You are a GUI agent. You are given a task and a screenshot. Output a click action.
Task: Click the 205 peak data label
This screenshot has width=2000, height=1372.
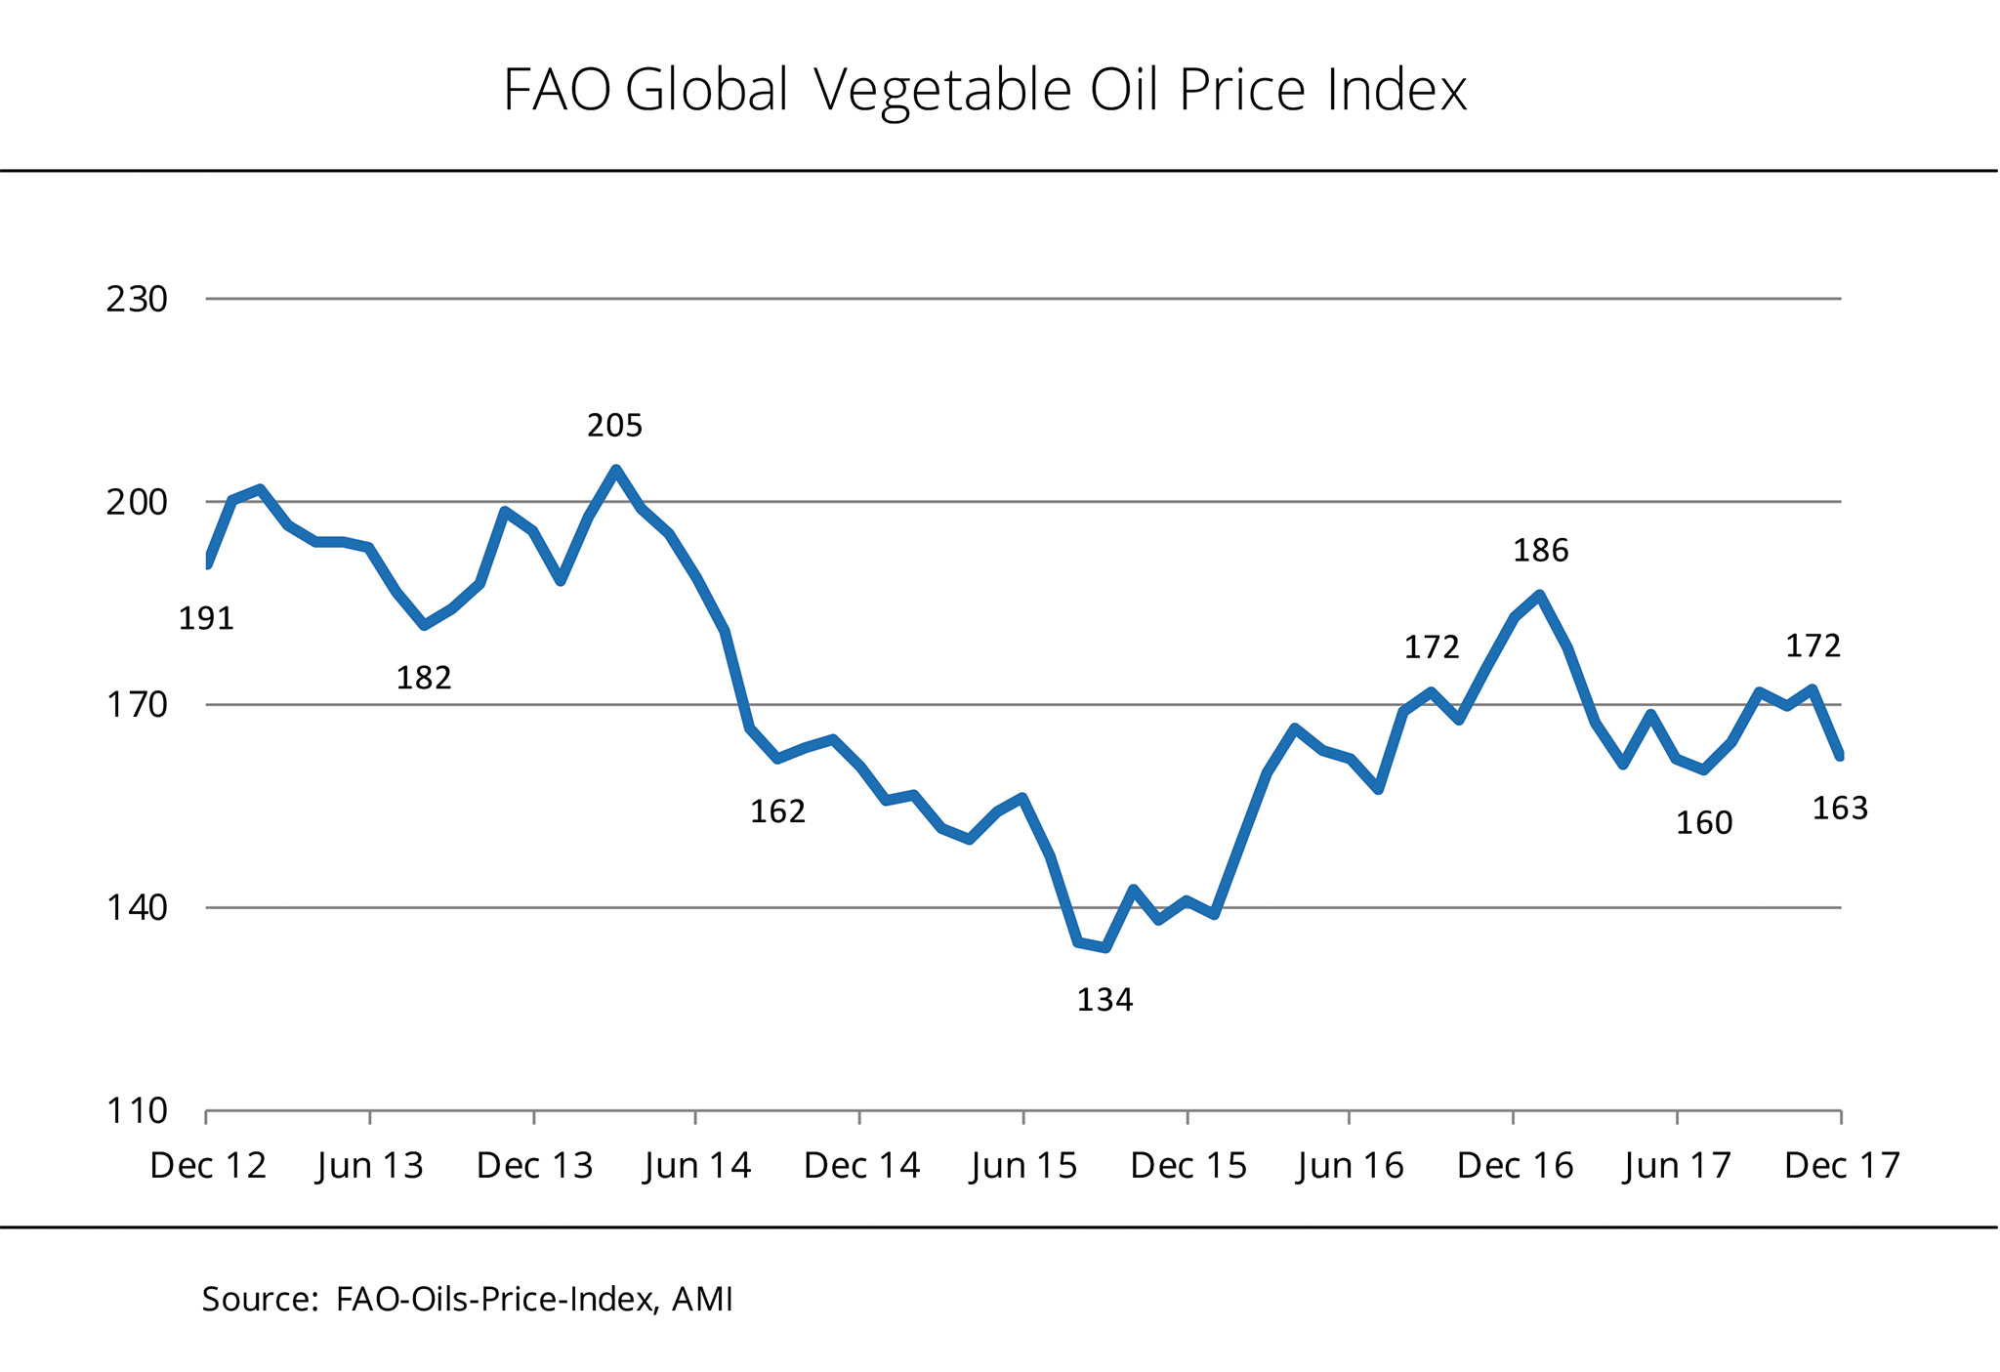click(614, 426)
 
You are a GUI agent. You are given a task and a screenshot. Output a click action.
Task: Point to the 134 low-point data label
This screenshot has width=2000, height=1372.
click(1104, 1000)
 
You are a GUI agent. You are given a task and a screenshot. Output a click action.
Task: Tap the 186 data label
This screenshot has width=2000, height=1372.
click(1540, 552)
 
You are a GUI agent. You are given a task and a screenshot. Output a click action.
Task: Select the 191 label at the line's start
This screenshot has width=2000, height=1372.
click(206, 619)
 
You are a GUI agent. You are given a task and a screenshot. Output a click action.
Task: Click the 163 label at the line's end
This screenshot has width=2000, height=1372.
click(1840, 809)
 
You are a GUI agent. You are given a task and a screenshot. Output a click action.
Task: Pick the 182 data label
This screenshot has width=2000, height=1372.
click(423, 678)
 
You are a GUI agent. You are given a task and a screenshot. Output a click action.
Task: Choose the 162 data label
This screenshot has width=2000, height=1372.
click(777, 811)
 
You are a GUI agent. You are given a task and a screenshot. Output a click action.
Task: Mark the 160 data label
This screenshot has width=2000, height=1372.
click(1704, 824)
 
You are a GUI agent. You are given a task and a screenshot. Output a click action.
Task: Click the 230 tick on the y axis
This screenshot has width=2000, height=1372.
click(137, 300)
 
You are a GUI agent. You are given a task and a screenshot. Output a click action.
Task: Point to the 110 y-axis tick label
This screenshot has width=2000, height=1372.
click(137, 1111)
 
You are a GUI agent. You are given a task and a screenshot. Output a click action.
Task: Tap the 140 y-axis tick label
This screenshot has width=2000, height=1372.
click(137, 908)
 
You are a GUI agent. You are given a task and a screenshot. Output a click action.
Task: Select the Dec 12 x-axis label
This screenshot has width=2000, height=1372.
click(208, 1166)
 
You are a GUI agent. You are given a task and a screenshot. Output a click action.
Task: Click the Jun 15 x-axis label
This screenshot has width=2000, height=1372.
click(1023, 1166)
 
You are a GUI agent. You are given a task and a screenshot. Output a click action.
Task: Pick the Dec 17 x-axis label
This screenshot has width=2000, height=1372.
click(1842, 1166)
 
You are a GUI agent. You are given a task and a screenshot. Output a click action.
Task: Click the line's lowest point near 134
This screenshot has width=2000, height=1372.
click(1104, 947)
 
